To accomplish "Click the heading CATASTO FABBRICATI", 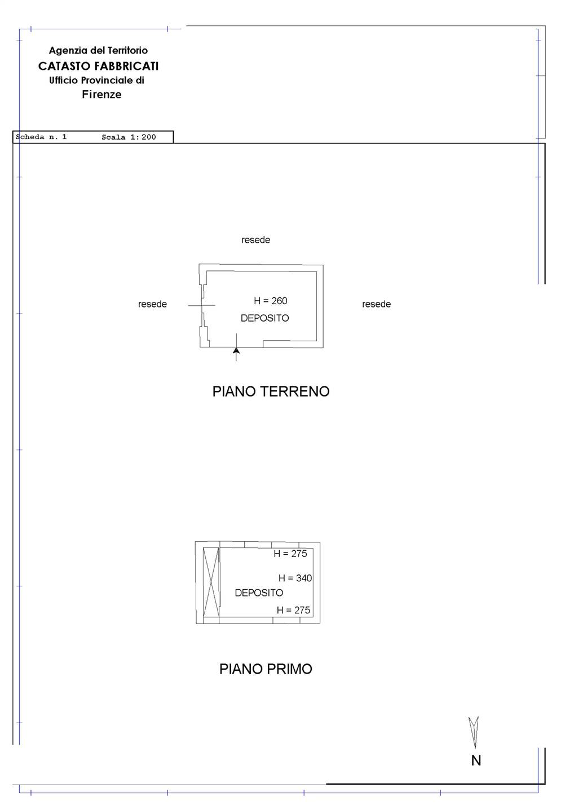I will (98, 66).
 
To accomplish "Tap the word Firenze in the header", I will (101, 94).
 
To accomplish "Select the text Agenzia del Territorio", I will (98, 50).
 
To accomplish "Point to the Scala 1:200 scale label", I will (129, 137).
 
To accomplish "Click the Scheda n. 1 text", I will (41, 137).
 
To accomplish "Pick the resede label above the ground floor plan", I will (255, 240).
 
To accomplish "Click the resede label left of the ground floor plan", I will (152, 304).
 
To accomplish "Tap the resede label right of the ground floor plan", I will (376, 304).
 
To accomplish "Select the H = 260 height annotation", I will (271, 301).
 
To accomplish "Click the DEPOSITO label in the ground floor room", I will (264, 318).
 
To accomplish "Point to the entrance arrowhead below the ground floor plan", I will (236, 351).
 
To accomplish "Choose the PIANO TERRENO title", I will (271, 391).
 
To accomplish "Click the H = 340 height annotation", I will (295, 578).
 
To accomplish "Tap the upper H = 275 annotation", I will (290, 554).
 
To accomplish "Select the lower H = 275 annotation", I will (293, 610).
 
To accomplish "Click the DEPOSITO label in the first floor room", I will (259, 592).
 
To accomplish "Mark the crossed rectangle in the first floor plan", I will (211, 582).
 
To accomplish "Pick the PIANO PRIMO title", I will (266, 669).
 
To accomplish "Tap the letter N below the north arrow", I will (476, 761).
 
